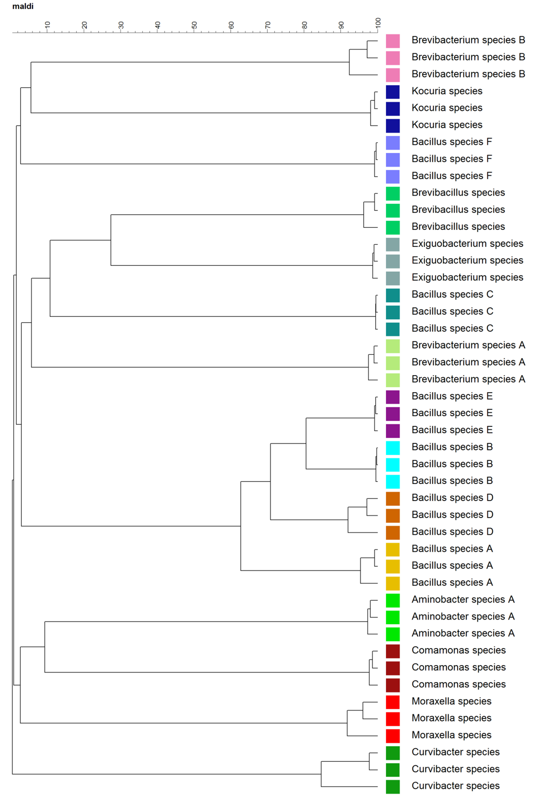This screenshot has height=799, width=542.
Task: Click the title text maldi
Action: point(23,6)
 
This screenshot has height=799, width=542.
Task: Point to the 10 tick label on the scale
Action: point(47,25)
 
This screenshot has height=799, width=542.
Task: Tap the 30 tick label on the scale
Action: point(121,25)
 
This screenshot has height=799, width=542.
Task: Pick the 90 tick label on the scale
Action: point(341,25)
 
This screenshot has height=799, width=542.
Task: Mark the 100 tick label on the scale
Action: point(378,23)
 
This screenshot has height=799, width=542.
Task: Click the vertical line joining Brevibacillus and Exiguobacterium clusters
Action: point(111,240)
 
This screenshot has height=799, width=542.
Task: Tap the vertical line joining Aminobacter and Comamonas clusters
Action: point(45,647)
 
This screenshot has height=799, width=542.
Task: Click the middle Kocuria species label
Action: point(447,108)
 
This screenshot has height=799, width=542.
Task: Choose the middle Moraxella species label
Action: point(451,718)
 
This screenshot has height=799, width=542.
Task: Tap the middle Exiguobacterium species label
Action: point(467,260)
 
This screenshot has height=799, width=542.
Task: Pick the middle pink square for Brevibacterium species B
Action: point(393,58)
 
